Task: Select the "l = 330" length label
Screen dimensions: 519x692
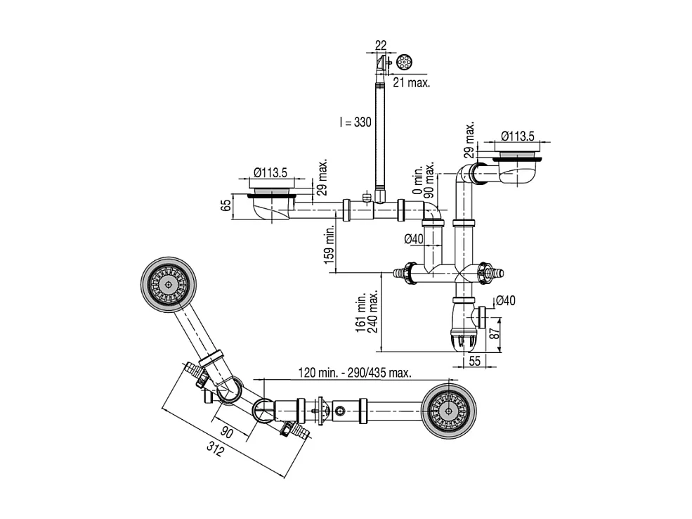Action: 355,122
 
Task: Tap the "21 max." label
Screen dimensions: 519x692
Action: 412,83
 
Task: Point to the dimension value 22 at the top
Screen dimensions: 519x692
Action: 381,45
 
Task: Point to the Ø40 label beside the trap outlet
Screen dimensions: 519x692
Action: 507,301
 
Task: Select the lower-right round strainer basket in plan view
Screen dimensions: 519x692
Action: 450,409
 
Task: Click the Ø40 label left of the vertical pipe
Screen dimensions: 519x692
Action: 414,239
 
